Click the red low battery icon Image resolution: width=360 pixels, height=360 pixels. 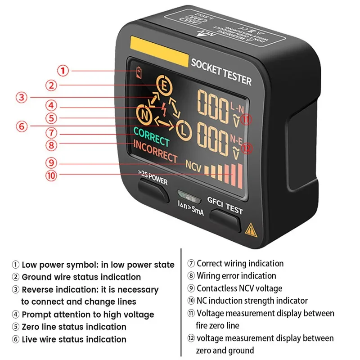[139, 72]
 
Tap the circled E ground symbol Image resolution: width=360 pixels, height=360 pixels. [163, 84]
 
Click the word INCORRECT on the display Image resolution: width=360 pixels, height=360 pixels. [155, 151]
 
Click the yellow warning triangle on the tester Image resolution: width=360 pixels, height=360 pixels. [251, 231]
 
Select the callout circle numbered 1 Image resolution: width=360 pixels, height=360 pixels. [63, 71]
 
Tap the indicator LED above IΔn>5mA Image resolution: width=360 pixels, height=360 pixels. [188, 196]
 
